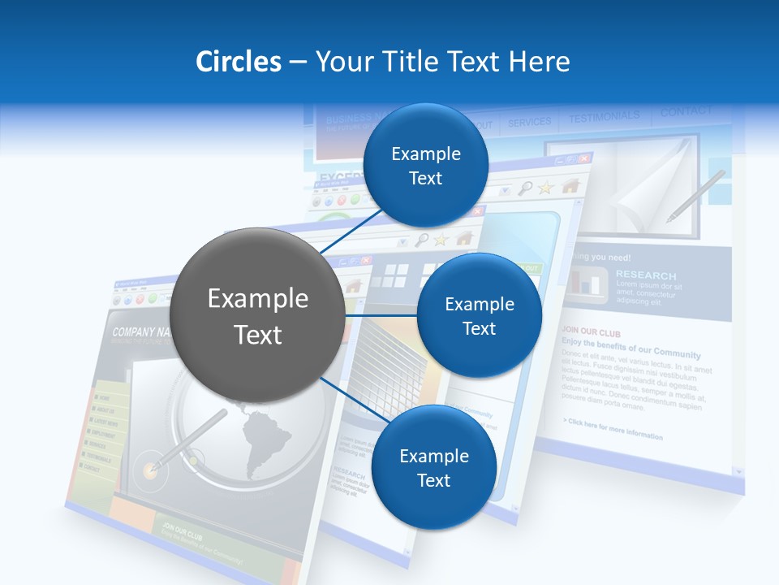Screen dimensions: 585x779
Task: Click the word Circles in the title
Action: click(x=238, y=62)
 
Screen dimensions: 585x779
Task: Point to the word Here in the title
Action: click(x=540, y=62)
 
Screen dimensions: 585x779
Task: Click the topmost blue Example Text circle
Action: click(x=425, y=165)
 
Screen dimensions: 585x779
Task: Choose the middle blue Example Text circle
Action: click(x=479, y=315)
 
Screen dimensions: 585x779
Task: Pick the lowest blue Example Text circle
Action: click(x=433, y=467)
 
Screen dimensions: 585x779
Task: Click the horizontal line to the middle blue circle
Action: click(x=380, y=315)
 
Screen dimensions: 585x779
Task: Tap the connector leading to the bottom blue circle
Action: click(x=349, y=397)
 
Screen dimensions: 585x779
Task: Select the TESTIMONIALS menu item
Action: click(x=604, y=118)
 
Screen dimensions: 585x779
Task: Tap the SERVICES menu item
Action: click(x=529, y=123)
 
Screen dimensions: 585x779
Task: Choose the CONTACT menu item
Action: click(x=686, y=111)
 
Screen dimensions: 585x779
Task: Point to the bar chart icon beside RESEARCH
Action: click(x=589, y=282)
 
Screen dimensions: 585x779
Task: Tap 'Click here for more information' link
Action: click(x=613, y=429)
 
